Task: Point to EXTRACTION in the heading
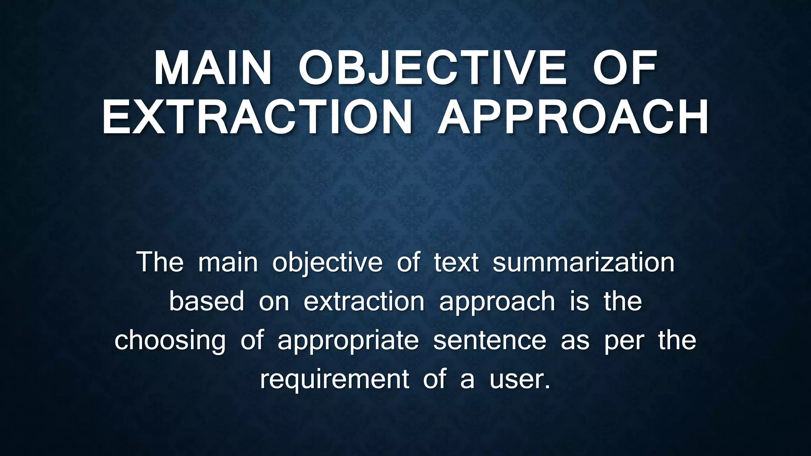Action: pos(257,118)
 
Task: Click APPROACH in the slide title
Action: pos(573,118)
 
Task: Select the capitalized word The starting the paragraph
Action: pos(160,262)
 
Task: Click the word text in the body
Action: pos(456,262)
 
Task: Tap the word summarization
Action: pos(583,262)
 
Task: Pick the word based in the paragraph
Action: pos(207,301)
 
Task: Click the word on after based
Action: pos(274,301)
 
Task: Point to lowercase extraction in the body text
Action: pos(364,301)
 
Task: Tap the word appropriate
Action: pos(348,341)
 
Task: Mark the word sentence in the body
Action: pos(489,340)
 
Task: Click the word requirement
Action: pos(334,380)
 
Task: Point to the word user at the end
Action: pos(520,380)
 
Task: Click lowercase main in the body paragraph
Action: pos(228,262)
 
